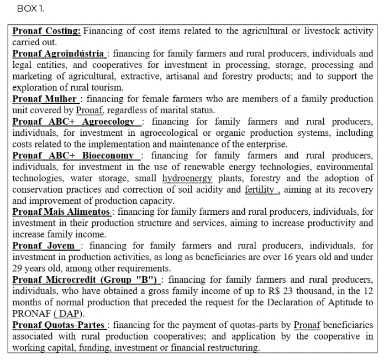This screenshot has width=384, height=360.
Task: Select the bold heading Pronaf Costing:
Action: pos(46,31)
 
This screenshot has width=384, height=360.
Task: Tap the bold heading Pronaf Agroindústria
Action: pos(58,54)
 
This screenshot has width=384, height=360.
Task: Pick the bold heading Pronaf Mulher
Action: pos(45,99)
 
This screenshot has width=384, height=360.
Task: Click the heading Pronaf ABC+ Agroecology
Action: pos(73,121)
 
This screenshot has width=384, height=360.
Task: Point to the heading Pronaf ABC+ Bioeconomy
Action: pos(73,156)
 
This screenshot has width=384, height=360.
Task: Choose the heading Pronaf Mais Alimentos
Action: pos(61,212)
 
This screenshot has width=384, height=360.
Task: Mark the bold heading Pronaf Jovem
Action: pos(44,246)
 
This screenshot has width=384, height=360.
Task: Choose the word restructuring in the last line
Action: pos(230,347)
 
